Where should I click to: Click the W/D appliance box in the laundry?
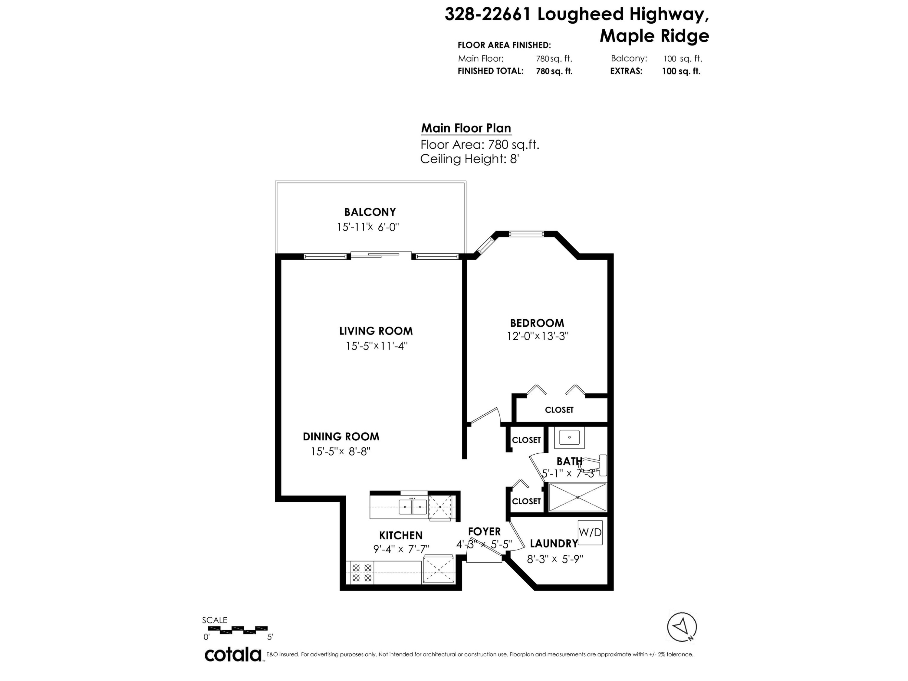pyautogui.click(x=590, y=532)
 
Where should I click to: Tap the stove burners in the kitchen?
pyautogui.click(x=362, y=573)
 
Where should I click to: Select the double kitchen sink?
pyautogui.click(x=413, y=507)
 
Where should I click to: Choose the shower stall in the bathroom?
pyautogui.click(x=577, y=497)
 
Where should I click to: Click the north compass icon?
pyautogui.click(x=682, y=627)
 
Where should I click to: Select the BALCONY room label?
pyautogui.click(x=370, y=212)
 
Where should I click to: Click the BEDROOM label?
pyautogui.click(x=537, y=323)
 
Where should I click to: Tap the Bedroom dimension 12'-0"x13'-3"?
pyautogui.click(x=537, y=336)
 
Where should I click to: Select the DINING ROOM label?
pyautogui.click(x=341, y=437)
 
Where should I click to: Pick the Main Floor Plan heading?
pyautogui.click(x=466, y=129)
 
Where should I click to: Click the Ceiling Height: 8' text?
pyautogui.click(x=470, y=159)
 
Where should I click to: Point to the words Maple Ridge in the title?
pyautogui.click(x=654, y=36)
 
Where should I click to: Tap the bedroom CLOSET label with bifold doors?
pyautogui.click(x=559, y=410)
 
